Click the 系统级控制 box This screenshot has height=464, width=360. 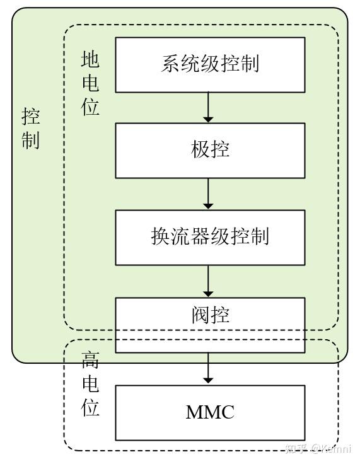coord(209,64)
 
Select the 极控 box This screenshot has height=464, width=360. coord(209,150)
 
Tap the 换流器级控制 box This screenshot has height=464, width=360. coord(209,236)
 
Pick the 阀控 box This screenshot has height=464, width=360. coord(209,324)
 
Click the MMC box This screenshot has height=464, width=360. coord(209,412)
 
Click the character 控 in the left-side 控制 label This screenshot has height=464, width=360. coord(31,116)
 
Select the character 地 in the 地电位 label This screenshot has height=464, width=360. coord(90,60)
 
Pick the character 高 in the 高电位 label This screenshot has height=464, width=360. coord(90,361)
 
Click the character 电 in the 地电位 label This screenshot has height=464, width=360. coord(90,83)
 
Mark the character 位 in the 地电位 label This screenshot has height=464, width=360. coord(90,107)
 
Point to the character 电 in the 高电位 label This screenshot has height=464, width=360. coord(90,385)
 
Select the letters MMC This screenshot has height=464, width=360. coord(210,413)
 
